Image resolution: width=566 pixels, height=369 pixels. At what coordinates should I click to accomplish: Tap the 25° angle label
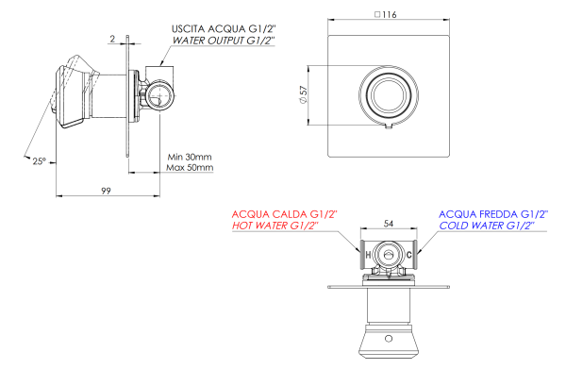tap(36, 161)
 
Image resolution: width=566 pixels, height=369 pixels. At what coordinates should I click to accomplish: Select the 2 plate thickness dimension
tap(111, 39)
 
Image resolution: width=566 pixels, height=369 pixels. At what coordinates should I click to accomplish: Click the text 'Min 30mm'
tap(190, 156)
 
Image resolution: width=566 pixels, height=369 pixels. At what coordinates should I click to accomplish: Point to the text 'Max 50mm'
tap(190, 168)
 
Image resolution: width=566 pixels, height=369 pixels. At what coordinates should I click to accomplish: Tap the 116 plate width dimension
tap(389, 16)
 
